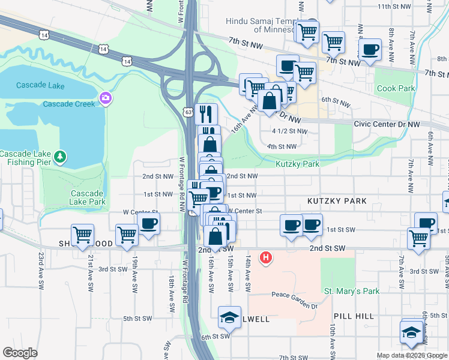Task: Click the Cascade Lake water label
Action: (x=41, y=86)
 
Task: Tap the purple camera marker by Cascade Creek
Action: (x=106, y=98)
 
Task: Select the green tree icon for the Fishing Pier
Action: (x=59, y=157)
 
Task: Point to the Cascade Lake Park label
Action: (x=88, y=197)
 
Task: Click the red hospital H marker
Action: (x=265, y=259)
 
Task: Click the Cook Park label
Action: (x=396, y=89)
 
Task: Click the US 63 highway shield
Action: (x=188, y=111)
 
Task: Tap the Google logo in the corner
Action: (x=20, y=353)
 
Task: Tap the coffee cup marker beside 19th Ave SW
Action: (x=148, y=224)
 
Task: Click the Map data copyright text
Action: (x=411, y=355)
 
